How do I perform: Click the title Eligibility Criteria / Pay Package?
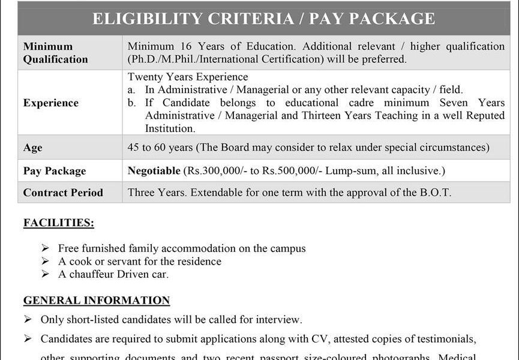[263, 19]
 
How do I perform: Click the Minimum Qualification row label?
[55, 53]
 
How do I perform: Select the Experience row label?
[51, 103]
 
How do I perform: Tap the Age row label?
[32, 148]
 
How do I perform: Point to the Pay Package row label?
[55, 171]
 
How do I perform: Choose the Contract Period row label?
[63, 193]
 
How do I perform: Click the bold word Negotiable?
[154, 171]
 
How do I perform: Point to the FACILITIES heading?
[58, 223]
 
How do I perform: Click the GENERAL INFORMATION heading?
[97, 301]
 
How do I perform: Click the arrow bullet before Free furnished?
[46, 248]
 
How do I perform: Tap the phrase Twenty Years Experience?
[188, 77]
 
